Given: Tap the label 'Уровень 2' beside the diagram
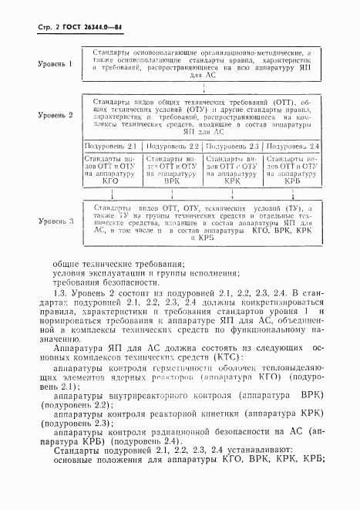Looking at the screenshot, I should (56, 114).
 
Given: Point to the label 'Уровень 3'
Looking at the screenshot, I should (56, 221).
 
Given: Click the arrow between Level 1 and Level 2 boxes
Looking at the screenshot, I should (202, 86).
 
